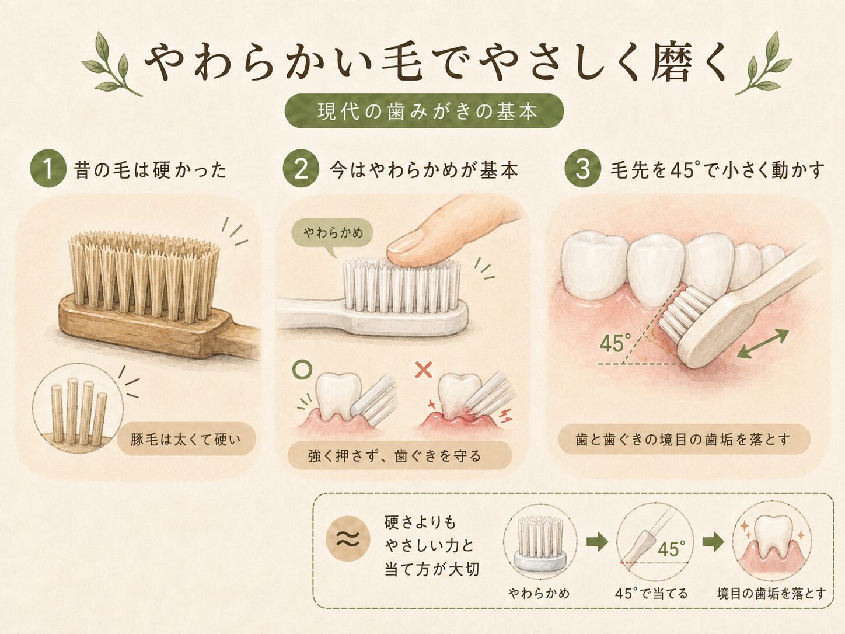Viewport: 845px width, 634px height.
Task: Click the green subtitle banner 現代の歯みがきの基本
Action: coord(424,111)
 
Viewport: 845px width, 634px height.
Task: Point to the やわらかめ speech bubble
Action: coord(332,234)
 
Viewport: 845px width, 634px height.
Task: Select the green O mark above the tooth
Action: coord(302,370)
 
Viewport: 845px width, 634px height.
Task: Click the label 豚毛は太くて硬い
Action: coord(186,439)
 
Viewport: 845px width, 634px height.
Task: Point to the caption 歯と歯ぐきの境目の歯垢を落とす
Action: coord(684,439)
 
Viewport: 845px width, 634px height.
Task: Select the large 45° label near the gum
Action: coord(616,343)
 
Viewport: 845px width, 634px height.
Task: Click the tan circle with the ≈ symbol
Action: coord(348,538)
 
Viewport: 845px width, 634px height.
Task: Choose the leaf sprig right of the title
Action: coord(764,64)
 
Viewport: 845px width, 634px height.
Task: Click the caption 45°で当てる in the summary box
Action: coord(651,593)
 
